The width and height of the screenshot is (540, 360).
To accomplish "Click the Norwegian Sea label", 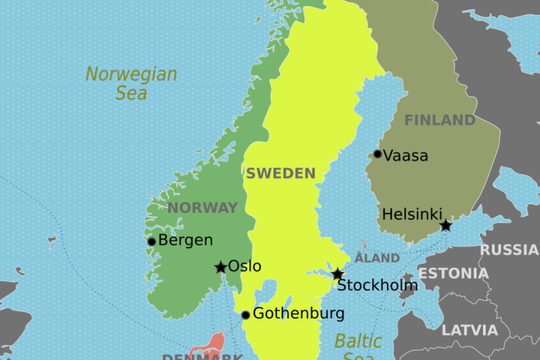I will tap(131, 83).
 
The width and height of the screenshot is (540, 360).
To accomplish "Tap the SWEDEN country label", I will tap(280, 174).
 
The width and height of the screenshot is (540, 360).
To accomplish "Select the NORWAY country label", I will tap(202, 208).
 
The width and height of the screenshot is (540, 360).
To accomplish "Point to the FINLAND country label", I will tap(439, 120).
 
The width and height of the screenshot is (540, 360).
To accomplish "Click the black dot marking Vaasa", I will tap(377, 154).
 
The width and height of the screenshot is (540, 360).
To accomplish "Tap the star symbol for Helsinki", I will tap(446, 226).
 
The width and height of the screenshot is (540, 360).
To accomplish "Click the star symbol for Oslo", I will tap(221, 267).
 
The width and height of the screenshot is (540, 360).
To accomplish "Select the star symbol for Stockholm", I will tap(338, 274).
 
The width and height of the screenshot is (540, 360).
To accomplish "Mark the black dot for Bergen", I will tap(152, 242).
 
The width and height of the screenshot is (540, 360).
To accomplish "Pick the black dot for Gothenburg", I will tap(245, 315).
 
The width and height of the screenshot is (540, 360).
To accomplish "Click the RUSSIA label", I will tap(509, 250).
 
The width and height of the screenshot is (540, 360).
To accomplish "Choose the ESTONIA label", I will tap(453, 274).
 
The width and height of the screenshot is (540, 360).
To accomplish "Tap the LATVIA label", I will tap(470, 330).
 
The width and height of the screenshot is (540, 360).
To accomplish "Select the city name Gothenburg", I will tap(298, 313).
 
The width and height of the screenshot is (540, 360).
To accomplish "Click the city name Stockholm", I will tap(377, 286).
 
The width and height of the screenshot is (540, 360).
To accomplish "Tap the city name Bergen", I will tap(185, 241).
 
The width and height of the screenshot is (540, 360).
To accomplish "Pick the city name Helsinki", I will tap(412, 214).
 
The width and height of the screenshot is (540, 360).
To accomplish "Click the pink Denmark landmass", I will tap(207, 347).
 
